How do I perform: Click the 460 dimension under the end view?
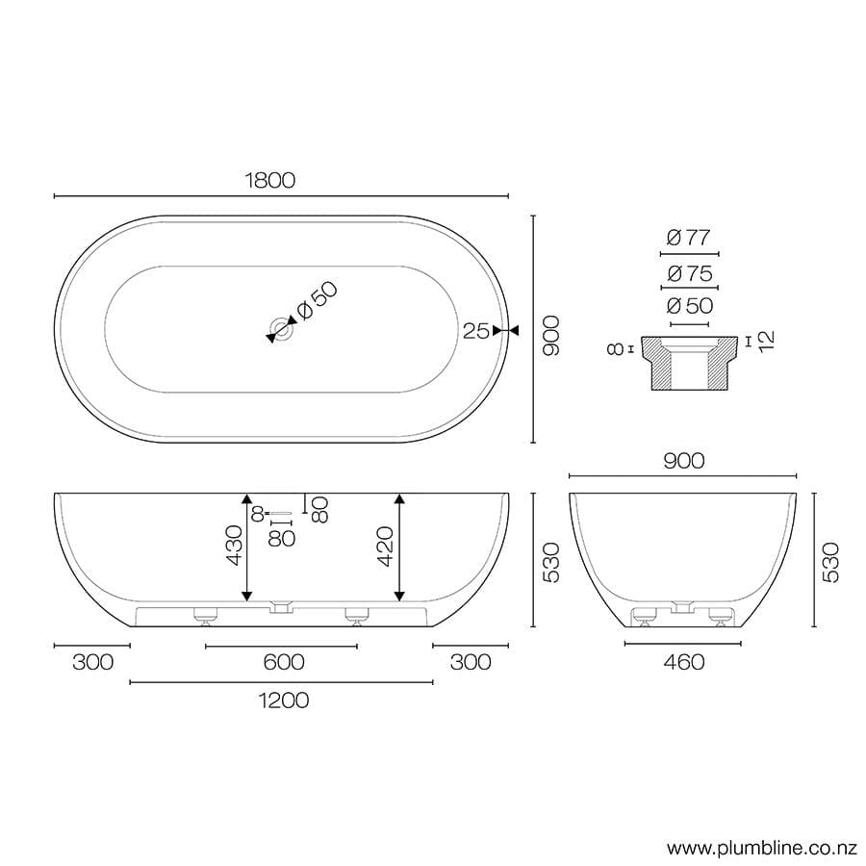683,662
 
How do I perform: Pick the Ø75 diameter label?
688,274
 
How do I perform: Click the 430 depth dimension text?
235,546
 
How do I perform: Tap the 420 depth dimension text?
385,546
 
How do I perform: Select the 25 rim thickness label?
475,331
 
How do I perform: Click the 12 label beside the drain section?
766,340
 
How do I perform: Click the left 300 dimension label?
92,662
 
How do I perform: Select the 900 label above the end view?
683,461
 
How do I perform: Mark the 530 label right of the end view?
831,561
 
